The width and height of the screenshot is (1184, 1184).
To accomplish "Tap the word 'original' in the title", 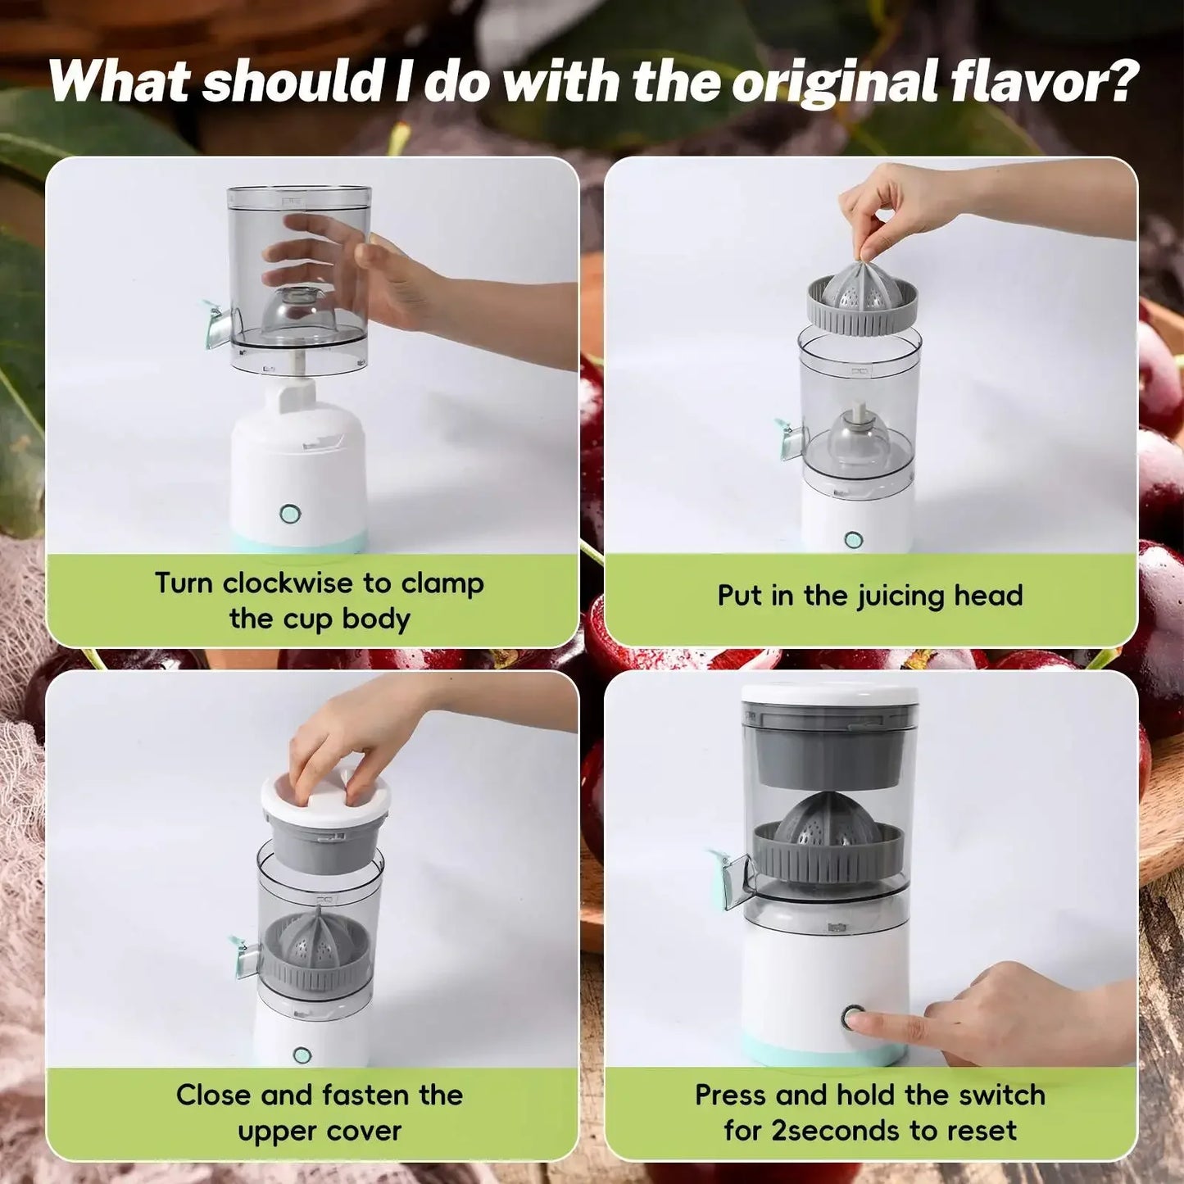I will click(836, 82).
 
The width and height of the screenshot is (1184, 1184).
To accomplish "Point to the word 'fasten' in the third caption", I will click(366, 1095).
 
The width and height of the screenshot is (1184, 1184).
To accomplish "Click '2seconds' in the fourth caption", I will click(827, 1131).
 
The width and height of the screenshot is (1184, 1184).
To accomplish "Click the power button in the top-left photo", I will click(288, 514).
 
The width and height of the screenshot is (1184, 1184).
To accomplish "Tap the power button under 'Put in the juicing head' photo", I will click(854, 540).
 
